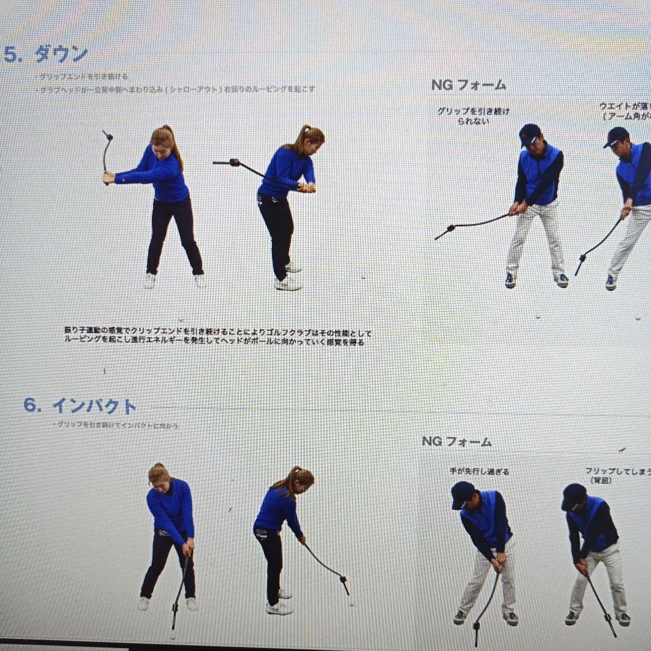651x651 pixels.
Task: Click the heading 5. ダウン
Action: tap(46, 54)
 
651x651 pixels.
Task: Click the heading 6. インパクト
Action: tap(80, 406)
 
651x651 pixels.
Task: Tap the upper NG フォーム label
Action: tap(468, 85)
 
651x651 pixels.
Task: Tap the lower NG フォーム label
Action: tap(456, 441)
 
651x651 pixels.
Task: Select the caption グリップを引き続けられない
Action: tap(473, 116)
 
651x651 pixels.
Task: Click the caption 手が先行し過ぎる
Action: tap(479, 471)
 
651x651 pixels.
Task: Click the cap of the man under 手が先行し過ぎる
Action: tap(462, 492)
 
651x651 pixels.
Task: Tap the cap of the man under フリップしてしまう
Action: tap(573, 495)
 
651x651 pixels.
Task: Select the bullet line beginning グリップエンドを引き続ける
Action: tap(82, 77)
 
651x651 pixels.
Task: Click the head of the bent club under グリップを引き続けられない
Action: tap(442, 232)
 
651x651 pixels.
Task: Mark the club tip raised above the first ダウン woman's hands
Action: tap(106, 135)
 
